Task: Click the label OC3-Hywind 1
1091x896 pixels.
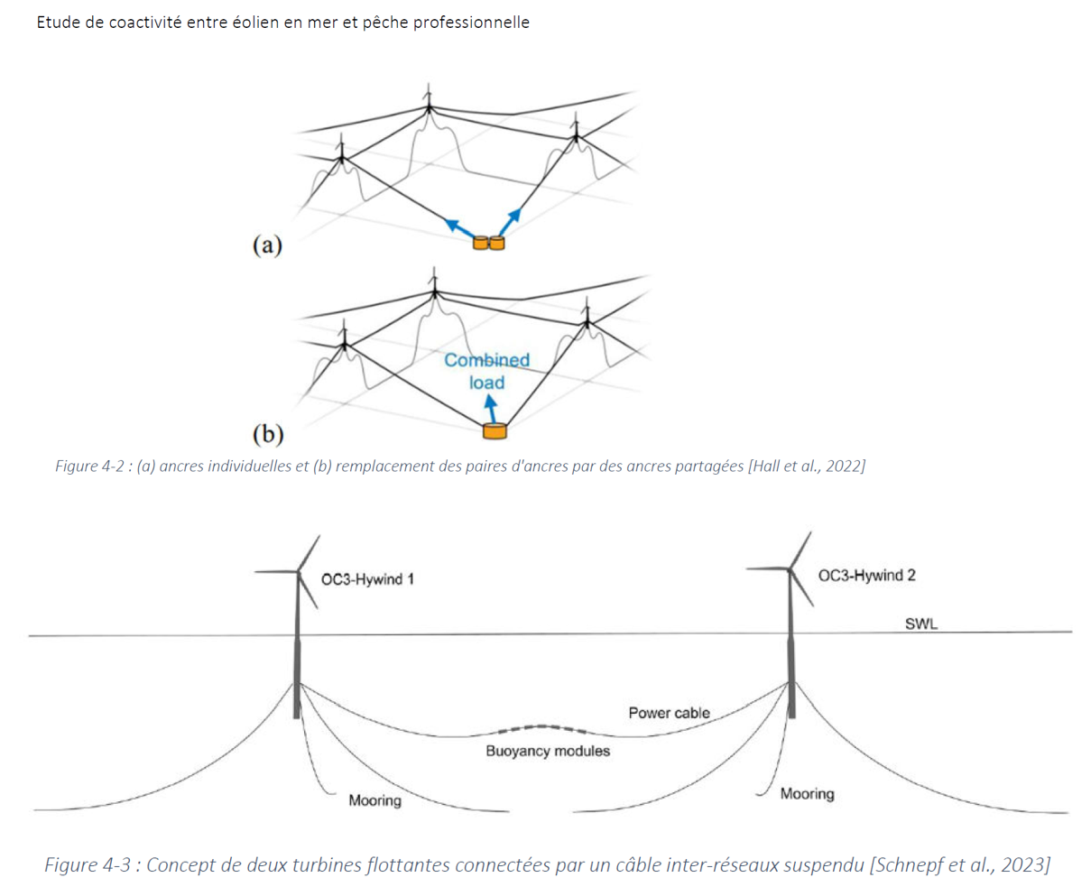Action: (x=367, y=578)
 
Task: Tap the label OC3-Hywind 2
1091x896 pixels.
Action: (x=866, y=576)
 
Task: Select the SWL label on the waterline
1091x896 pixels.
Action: (x=920, y=624)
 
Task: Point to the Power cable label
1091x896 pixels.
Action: (x=669, y=713)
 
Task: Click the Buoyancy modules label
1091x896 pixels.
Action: (x=547, y=751)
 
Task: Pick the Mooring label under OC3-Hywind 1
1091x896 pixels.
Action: (x=374, y=800)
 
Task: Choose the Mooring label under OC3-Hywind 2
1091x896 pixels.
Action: (x=807, y=794)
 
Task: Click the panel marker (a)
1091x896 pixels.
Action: (x=267, y=245)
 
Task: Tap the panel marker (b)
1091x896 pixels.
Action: (x=267, y=434)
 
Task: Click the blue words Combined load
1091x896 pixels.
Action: (x=486, y=371)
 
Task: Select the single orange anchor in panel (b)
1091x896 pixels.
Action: (x=495, y=430)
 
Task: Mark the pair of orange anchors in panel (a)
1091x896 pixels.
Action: (x=488, y=243)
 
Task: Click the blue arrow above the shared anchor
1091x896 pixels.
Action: (x=493, y=411)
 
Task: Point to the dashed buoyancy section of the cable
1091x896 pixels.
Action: (x=540, y=727)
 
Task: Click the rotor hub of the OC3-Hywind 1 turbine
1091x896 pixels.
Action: (x=298, y=570)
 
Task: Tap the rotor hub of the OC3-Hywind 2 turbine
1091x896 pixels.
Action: (x=791, y=568)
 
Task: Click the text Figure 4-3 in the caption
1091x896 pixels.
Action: (x=88, y=864)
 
